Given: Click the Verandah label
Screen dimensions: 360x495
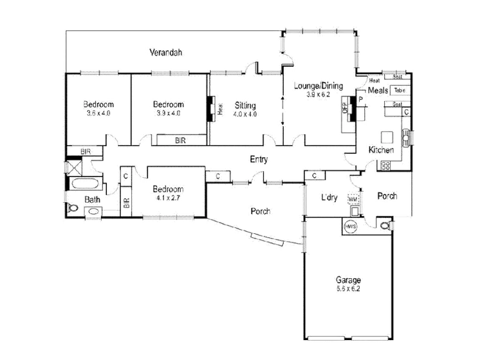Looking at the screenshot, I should (164, 52).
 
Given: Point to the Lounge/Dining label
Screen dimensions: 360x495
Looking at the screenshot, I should (317, 86).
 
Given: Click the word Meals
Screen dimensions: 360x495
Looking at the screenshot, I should (378, 90).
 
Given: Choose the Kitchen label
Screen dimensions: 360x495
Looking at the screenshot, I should (381, 150).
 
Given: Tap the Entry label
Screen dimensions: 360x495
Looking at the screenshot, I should (258, 160).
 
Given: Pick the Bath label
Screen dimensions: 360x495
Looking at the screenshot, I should (92, 199).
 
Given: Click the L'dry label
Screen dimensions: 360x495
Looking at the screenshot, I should (329, 197).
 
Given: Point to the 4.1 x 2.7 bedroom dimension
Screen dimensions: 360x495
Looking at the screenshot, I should (166, 197).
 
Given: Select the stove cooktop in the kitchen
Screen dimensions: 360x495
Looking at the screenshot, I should (385, 165).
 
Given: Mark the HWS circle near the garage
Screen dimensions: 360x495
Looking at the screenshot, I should (350, 225).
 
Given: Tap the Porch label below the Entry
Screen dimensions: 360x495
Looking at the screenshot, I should (261, 211).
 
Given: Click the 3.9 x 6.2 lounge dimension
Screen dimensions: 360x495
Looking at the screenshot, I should (317, 94).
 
